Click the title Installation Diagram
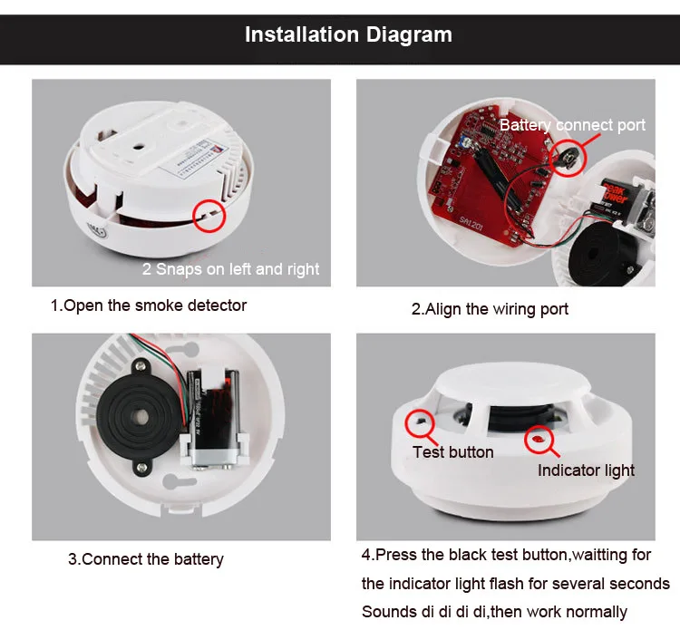point(348,34)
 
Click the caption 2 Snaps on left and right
point(230,269)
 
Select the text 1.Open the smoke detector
point(149,305)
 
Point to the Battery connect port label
point(572,125)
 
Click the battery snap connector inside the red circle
point(567,158)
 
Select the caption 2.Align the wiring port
point(490,309)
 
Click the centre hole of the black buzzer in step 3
point(140,417)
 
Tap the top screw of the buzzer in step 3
point(141,367)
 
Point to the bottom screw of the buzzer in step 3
point(141,468)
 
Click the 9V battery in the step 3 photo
point(214,418)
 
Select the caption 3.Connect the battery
point(146,559)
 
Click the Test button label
point(452,452)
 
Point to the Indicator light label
point(586,470)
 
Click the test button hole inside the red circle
point(420,421)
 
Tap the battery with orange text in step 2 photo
point(626,200)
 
